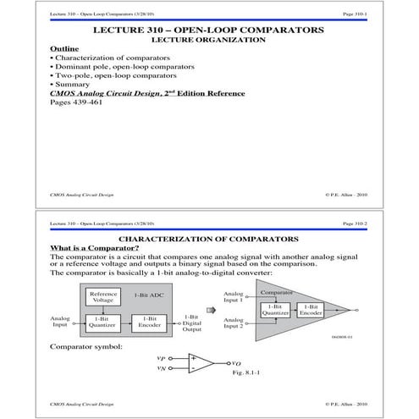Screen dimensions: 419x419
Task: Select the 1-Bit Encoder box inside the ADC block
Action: (147, 324)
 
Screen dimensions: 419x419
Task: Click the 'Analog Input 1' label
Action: (234, 297)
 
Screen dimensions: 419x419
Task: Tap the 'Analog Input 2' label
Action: (234, 323)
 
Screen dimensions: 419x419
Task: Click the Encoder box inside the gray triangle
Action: (311, 310)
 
